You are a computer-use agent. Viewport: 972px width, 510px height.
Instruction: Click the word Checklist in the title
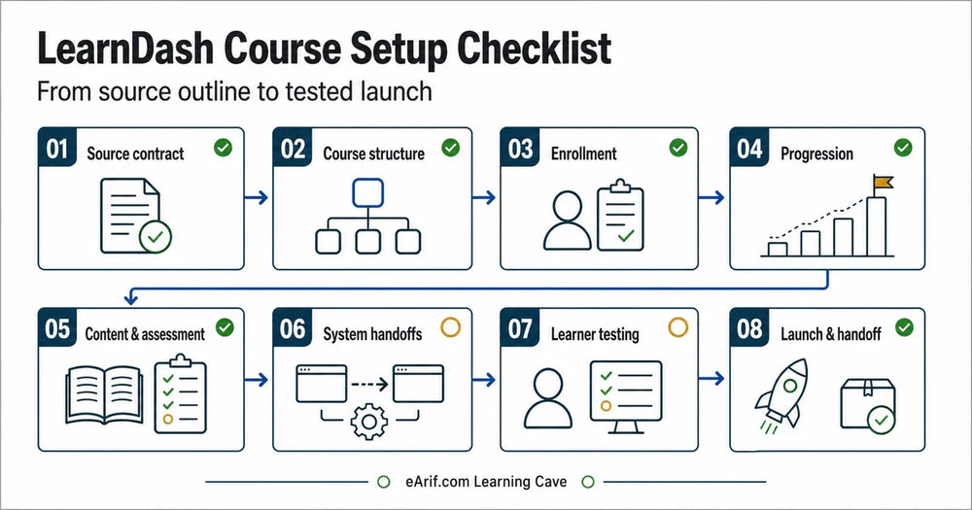[535, 49]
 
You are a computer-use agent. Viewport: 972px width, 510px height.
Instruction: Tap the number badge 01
[57, 148]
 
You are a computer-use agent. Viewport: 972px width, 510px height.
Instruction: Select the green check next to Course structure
[451, 148]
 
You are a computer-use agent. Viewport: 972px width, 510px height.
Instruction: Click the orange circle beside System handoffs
[451, 327]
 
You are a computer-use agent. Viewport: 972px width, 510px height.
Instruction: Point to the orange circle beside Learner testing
[678, 327]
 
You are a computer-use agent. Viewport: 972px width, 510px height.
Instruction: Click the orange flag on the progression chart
[883, 182]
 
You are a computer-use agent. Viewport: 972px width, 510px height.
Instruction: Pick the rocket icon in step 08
[782, 394]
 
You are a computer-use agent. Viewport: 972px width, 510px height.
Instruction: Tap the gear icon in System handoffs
[368, 422]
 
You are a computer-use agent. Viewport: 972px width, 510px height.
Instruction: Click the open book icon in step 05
[104, 394]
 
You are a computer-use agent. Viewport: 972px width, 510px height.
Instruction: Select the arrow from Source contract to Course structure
[256, 197]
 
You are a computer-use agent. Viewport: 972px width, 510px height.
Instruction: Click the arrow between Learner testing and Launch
[712, 378]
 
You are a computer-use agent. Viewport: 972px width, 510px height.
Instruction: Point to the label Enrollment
[583, 153]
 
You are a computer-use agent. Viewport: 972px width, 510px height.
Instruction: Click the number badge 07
[520, 328]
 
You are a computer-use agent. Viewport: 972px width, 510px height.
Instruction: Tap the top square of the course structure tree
[367, 192]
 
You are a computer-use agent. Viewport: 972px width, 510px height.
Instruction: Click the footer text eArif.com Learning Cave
[486, 482]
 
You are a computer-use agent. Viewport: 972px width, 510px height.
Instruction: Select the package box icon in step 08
[868, 405]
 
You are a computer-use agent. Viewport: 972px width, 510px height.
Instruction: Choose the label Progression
[816, 153]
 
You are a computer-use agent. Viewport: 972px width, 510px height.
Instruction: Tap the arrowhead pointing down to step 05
[131, 298]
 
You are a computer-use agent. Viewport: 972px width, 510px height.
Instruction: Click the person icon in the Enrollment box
[568, 221]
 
